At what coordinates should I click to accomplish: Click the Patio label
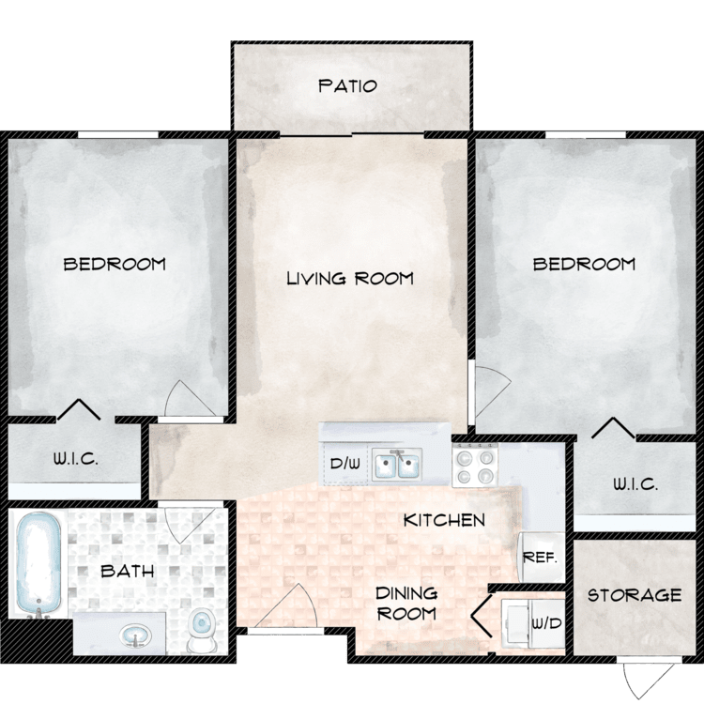347,86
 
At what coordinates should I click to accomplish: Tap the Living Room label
350,279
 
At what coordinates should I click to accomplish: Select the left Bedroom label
115,264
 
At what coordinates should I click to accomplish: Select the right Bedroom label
584,264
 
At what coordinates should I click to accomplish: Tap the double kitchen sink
398,464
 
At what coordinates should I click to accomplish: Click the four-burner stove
473,465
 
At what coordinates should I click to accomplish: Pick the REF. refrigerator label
540,557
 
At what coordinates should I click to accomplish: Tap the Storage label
635,595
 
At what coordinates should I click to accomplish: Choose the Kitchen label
444,520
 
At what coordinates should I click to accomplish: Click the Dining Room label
406,604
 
